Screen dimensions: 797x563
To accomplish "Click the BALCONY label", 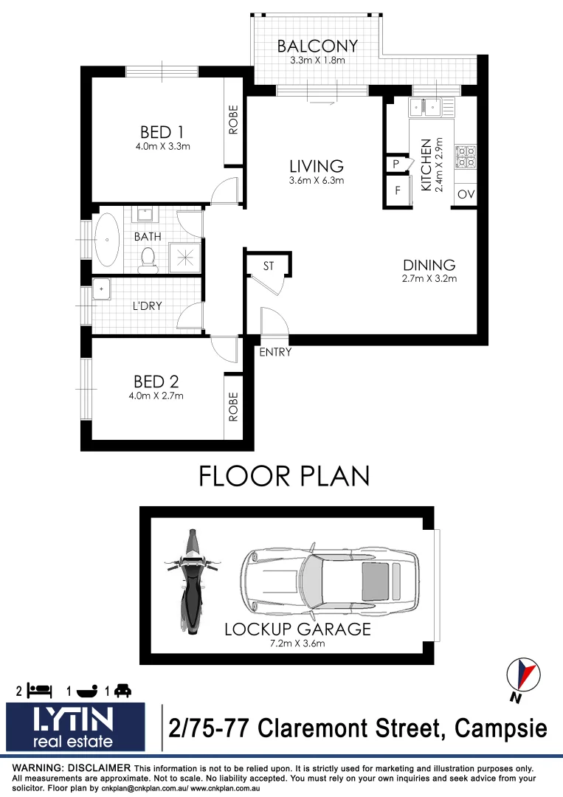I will coord(317,46).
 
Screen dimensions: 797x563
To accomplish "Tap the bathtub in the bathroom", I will coord(108,240).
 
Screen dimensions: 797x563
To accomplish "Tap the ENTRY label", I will coord(275,353).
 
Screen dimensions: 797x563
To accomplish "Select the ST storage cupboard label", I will coord(269,266).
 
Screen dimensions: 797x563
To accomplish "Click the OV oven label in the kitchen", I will coord(465,195).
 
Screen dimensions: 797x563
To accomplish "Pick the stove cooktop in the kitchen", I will coord(466,156).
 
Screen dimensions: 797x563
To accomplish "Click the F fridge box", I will coord(397,191).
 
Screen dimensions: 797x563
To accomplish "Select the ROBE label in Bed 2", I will coord(234,407).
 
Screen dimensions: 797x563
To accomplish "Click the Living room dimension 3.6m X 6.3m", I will coord(316,180).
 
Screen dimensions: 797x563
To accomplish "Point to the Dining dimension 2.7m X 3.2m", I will coord(429,279).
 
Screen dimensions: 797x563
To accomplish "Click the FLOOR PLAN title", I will coord(284,476).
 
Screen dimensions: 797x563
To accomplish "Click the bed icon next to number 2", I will coord(40,691).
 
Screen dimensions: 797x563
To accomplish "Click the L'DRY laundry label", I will coord(147,305).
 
